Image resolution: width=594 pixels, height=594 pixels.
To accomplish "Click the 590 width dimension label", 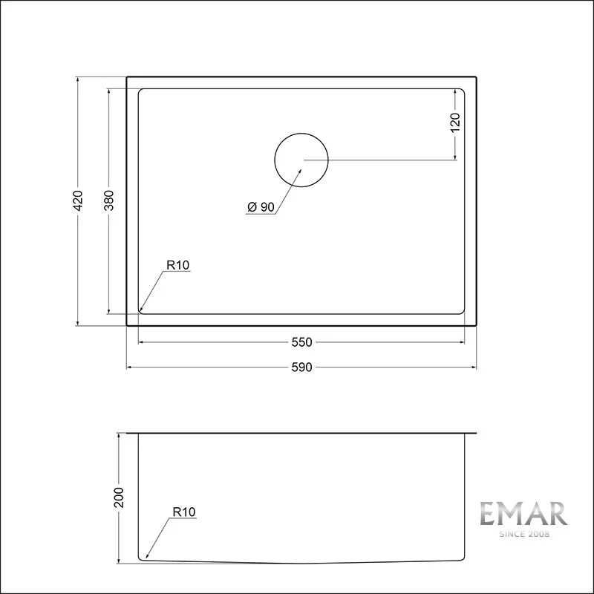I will [x=301, y=367].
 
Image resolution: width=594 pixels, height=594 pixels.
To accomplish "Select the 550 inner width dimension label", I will [x=301, y=342].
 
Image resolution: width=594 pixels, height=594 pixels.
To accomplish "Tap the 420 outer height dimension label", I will [x=79, y=200].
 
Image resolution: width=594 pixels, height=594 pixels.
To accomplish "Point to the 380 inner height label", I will [x=108, y=200].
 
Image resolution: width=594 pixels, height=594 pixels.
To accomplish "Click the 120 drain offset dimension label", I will [x=455, y=122].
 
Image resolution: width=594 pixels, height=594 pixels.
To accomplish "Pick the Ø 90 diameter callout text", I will [x=260, y=208].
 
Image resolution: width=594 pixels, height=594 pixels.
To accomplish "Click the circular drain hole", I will [x=301, y=159].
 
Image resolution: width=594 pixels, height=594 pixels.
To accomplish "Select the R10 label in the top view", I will [x=179, y=264].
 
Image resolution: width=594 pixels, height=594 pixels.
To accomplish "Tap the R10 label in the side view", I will [x=183, y=512].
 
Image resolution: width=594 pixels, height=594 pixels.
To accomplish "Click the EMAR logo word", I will [x=523, y=514].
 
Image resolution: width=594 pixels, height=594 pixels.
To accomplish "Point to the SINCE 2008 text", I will [x=523, y=534].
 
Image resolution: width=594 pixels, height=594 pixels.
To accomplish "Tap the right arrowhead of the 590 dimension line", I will [x=473, y=367].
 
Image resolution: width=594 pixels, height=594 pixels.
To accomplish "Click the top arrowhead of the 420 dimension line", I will [x=79, y=79].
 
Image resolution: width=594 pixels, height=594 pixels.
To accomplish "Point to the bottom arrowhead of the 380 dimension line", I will [x=108, y=311].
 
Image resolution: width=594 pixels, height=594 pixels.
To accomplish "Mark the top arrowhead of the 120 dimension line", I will [x=455, y=91].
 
